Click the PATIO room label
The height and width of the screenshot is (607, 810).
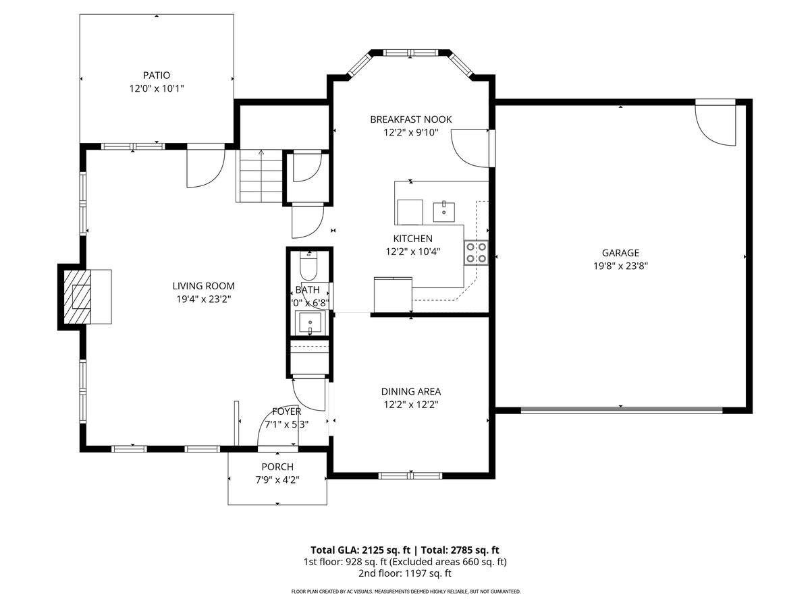point(156,76)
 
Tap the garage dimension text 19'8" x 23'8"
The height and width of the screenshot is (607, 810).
point(620,266)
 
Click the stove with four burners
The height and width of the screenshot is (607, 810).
point(475,253)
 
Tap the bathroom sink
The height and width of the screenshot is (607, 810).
point(310,323)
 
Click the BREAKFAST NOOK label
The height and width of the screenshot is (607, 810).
point(410,119)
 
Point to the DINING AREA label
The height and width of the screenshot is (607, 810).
point(410,391)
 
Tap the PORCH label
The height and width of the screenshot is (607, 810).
point(277,467)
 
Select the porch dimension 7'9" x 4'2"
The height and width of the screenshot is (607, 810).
point(277,480)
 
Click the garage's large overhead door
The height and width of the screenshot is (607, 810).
point(621,409)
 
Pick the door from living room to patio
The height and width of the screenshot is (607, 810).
point(205,165)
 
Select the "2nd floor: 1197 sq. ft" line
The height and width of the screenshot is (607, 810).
point(404,573)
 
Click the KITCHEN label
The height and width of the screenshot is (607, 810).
point(412,238)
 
